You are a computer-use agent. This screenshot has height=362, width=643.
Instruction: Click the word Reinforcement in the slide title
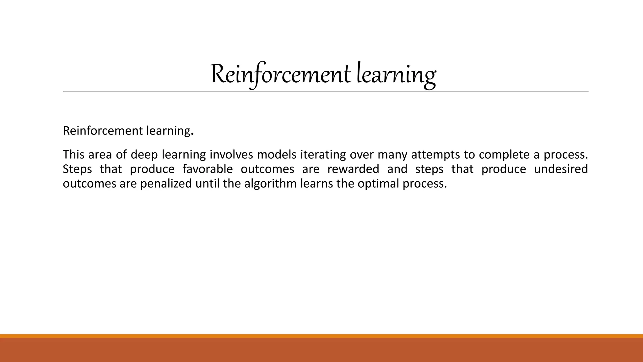(x=280, y=75)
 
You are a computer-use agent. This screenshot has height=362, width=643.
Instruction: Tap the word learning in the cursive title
(x=396, y=75)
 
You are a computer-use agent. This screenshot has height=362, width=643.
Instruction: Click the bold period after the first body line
(x=192, y=133)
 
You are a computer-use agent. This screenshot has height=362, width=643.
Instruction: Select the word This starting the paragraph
(x=74, y=155)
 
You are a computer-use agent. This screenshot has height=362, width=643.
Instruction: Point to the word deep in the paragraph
(x=144, y=155)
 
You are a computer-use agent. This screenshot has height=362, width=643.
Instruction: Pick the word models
(x=277, y=155)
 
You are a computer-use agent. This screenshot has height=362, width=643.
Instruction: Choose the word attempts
(x=435, y=155)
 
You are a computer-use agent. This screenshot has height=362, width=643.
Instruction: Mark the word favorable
(x=208, y=169)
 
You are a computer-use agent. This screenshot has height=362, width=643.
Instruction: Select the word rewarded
(x=353, y=169)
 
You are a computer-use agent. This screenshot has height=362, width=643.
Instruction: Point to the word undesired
(x=561, y=169)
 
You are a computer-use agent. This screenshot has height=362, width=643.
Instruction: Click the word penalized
(x=166, y=184)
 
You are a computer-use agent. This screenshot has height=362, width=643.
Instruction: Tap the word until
(x=208, y=184)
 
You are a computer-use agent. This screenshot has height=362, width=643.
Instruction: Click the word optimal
(x=378, y=184)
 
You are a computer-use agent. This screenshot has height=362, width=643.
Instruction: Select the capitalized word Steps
(x=77, y=169)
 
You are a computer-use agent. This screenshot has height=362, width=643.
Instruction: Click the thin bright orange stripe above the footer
(x=321, y=336)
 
